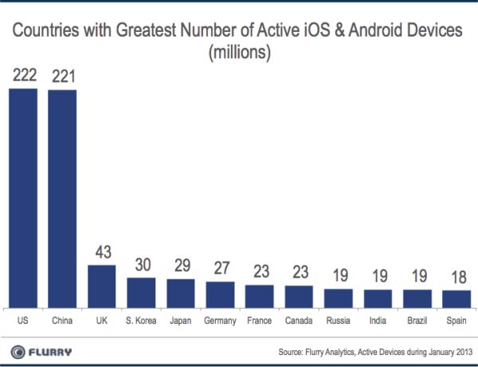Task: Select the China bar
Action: click(x=63, y=198)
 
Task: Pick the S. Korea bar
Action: click(x=142, y=292)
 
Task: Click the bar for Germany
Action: click(x=220, y=294)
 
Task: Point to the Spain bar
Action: click(x=456, y=299)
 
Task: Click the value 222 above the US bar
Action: click(x=23, y=76)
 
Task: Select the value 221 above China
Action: click(x=63, y=76)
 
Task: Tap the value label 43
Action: click(x=102, y=252)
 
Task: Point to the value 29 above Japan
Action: click(x=181, y=266)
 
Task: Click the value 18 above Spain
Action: click(x=456, y=278)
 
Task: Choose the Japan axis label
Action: click(x=181, y=321)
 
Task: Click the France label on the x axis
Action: click(x=260, y=321)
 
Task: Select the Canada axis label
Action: click(x=299, y=321)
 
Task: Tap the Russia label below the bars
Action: click(x=339, y=321)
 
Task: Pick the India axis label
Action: click(x=378, y=321)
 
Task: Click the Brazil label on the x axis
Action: click(x=417, y=321)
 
